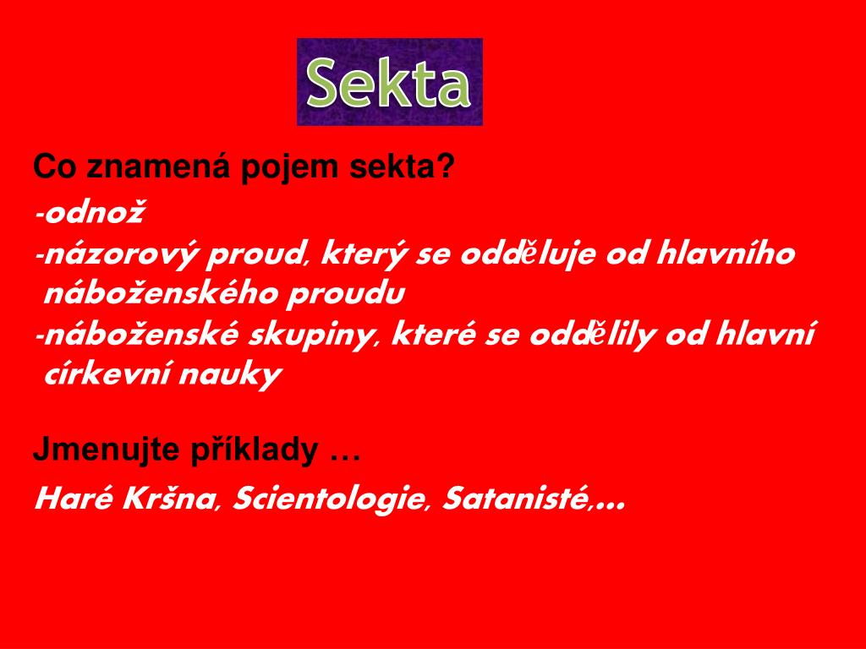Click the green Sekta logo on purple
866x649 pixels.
[x=389, y=82]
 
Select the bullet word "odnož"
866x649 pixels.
[x=94, y=213]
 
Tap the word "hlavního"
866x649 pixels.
[x=725, y=254]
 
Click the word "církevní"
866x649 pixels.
[x=106, y=374]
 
